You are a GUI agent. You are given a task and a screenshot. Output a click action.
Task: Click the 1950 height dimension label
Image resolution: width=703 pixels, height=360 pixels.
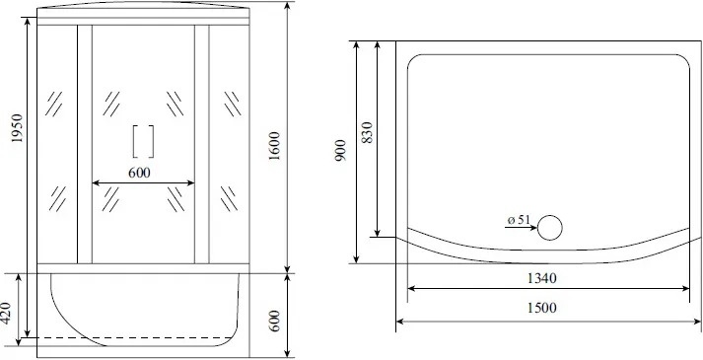click(x=17, y=128)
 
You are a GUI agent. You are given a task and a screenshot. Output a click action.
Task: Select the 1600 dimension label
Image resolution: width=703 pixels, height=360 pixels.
click(x=274, y=147)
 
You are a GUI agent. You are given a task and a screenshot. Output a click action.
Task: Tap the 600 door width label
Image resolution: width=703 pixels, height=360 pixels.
click(x=139, y=173)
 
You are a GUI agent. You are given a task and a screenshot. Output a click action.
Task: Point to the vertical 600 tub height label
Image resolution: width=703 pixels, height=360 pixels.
click(x=275, y=321)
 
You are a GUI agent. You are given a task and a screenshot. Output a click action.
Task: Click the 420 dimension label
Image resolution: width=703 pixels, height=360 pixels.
click(x=5, y=313)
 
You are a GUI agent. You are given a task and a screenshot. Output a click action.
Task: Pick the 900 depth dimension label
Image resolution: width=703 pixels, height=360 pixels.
click(x=341, y=150)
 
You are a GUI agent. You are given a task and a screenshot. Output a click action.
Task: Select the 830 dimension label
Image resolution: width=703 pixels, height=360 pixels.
click(x=367, y=132)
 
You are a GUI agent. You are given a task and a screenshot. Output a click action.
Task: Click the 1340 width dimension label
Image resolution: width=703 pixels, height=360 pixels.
click(x=541, y=278)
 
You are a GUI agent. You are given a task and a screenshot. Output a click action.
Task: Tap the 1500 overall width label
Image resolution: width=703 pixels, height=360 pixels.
click(x=541, y=308)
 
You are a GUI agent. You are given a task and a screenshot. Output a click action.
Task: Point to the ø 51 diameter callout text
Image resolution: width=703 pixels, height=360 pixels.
click(x=519, y=220)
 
